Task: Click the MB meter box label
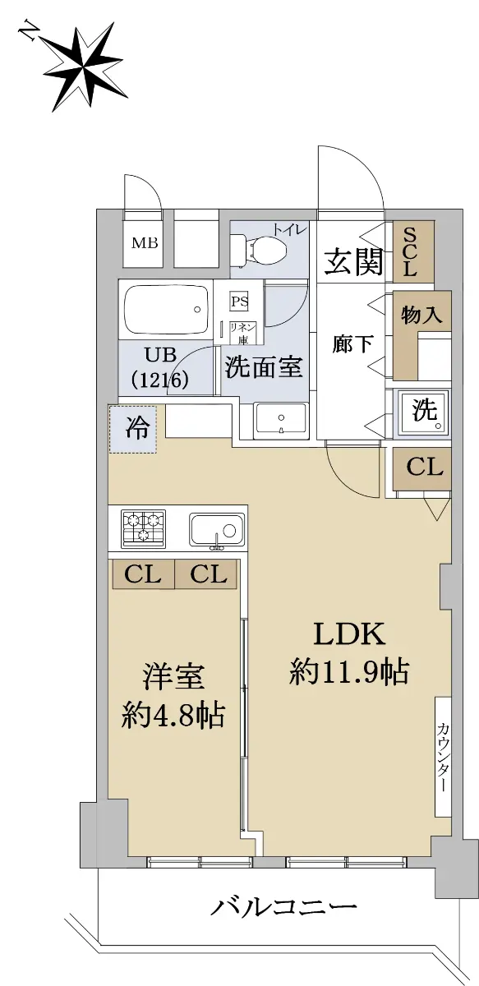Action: point(145,243)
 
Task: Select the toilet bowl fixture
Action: point(259,250)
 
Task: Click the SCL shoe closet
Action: point(413,251)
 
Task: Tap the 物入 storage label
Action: point(421,315)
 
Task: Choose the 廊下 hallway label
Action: point(352,343)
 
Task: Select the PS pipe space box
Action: point(240,302)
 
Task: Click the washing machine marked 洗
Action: point(423,412)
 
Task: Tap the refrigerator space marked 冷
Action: point(132,429)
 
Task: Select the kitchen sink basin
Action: point(217,529)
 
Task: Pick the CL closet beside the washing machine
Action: point(422,469)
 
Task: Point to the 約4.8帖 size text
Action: point(173,716)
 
